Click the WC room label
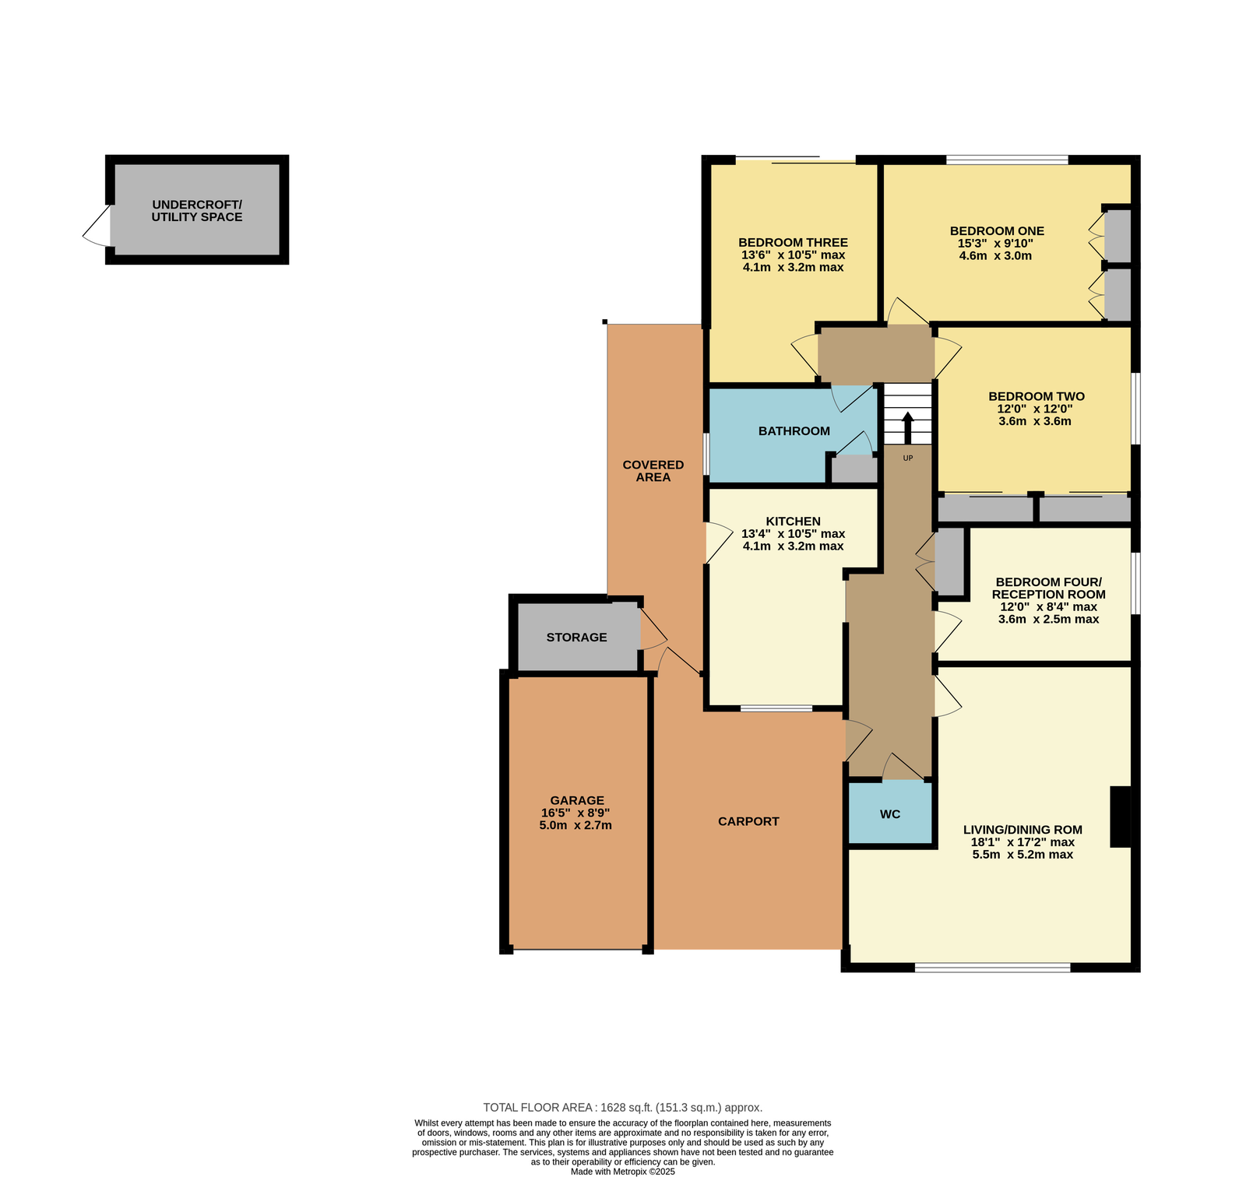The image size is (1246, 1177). tap(890, 814)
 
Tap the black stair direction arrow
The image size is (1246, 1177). tap(907, 427)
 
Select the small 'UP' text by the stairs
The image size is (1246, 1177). tap(907, 458)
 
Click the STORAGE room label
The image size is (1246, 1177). tap(576, 637)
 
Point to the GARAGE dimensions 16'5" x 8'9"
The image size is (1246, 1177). tap(575, 813)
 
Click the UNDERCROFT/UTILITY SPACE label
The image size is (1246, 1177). tap(197, 210)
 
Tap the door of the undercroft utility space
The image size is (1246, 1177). tap(97, 227)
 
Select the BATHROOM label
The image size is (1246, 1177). tap(794, 430)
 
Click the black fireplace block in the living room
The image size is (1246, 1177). tap(1121, 817)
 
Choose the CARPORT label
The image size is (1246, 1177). tap(748, 821)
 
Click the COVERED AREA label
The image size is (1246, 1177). tap(653, 471)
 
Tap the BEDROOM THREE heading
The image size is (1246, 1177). tap(793, 242)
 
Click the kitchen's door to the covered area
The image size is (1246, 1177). tap(719, 543)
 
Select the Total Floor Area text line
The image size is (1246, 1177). tap(623, 1107)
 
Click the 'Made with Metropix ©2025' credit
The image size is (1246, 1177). tap(623, 1171)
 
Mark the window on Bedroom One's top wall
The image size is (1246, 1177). tap(1007, 160)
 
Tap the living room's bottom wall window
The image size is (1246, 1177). tap(992, 968)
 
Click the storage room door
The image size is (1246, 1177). tap(653, 630)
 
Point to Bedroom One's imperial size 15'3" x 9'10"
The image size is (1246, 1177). tap(995, 243)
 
